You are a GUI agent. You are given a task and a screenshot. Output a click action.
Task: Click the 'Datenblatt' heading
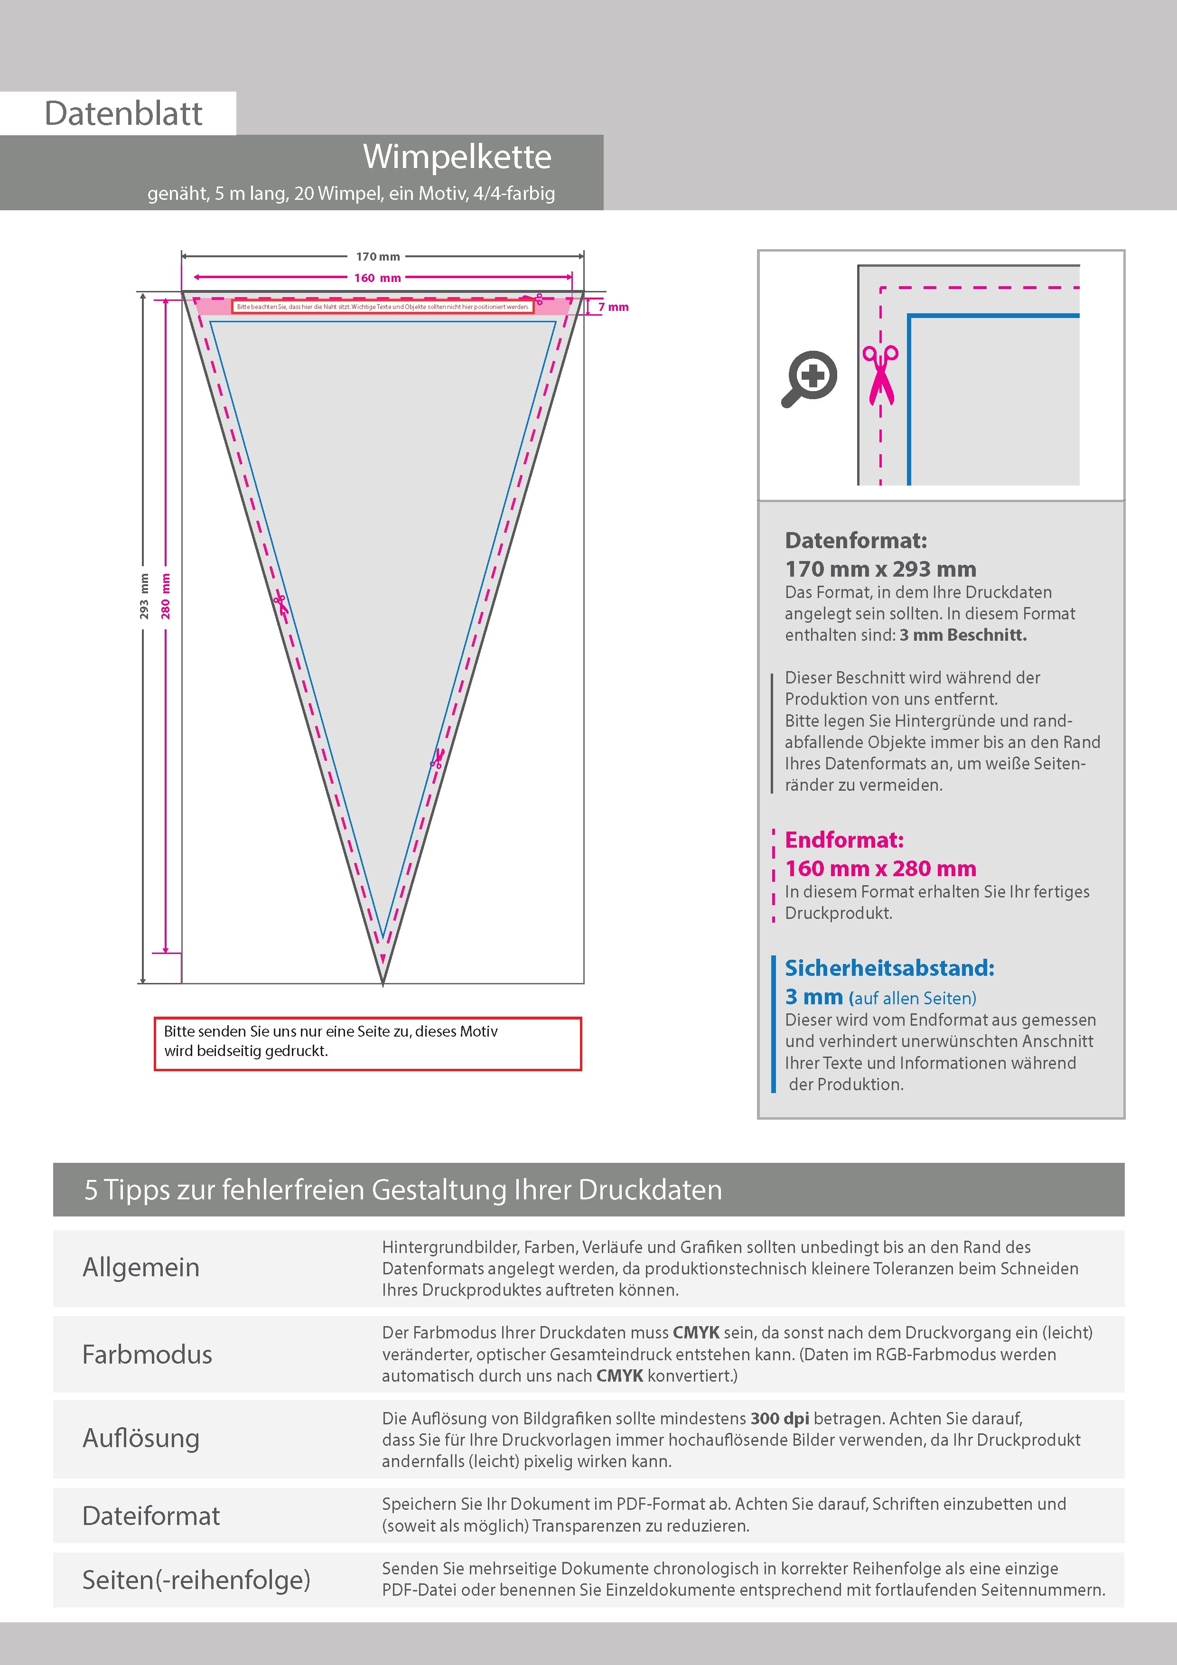pos(123,114)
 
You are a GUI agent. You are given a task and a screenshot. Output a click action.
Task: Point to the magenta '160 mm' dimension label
pos(377,278)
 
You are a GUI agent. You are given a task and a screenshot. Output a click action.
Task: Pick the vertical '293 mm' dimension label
pos(144,596)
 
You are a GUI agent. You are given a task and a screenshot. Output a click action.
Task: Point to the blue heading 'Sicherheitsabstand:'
pos(889,968)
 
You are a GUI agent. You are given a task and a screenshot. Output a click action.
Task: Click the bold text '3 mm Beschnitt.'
pos(963,635)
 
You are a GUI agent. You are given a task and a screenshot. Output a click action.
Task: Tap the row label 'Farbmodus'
pos(147,1355)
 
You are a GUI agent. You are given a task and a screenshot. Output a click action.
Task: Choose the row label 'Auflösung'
pos(140,1438)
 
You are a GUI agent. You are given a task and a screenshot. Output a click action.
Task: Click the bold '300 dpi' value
pos(780,1419)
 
